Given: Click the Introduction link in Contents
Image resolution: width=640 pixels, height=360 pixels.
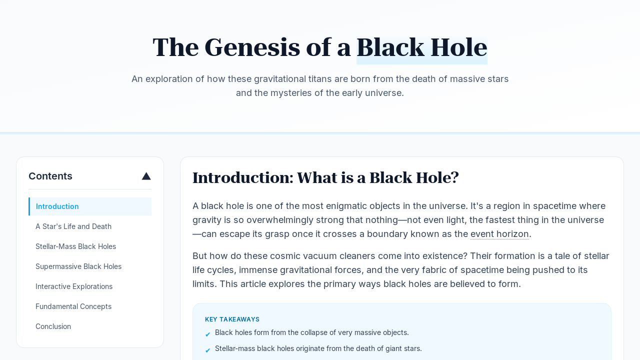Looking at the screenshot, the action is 57,206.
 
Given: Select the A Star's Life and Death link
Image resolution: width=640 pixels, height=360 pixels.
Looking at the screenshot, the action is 73,226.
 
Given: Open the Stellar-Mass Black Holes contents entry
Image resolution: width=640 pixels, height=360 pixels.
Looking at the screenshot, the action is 75,246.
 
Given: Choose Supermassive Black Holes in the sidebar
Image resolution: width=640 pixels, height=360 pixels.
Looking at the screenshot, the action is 78,266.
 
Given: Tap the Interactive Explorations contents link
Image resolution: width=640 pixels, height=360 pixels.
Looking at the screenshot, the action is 74,286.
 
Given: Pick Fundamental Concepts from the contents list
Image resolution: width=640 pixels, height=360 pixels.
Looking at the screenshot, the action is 73,306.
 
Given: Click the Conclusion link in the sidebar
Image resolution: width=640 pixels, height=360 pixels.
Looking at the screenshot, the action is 53,326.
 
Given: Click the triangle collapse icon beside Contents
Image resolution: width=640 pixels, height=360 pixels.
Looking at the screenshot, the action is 146,176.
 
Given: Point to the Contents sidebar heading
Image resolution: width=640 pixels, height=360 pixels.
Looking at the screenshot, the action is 50,176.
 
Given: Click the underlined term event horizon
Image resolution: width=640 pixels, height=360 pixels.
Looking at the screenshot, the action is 499,234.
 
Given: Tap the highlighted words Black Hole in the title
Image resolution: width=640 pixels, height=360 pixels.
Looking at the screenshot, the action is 421,47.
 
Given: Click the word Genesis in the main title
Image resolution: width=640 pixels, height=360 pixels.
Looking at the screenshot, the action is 252,47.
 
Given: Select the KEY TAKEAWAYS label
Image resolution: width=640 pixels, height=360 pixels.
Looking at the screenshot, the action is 232,319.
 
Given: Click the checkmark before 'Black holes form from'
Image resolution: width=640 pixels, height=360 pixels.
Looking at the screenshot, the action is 207,334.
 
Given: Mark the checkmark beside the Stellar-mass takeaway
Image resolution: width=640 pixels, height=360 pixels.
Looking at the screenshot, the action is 207,350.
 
